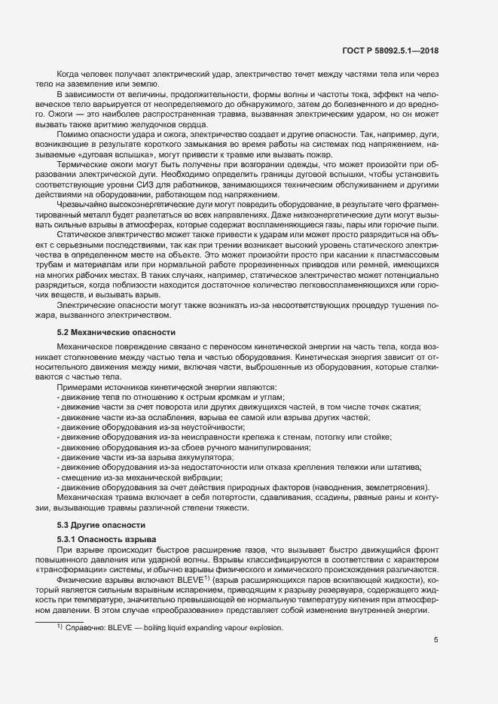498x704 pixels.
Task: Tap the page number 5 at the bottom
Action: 436,640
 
